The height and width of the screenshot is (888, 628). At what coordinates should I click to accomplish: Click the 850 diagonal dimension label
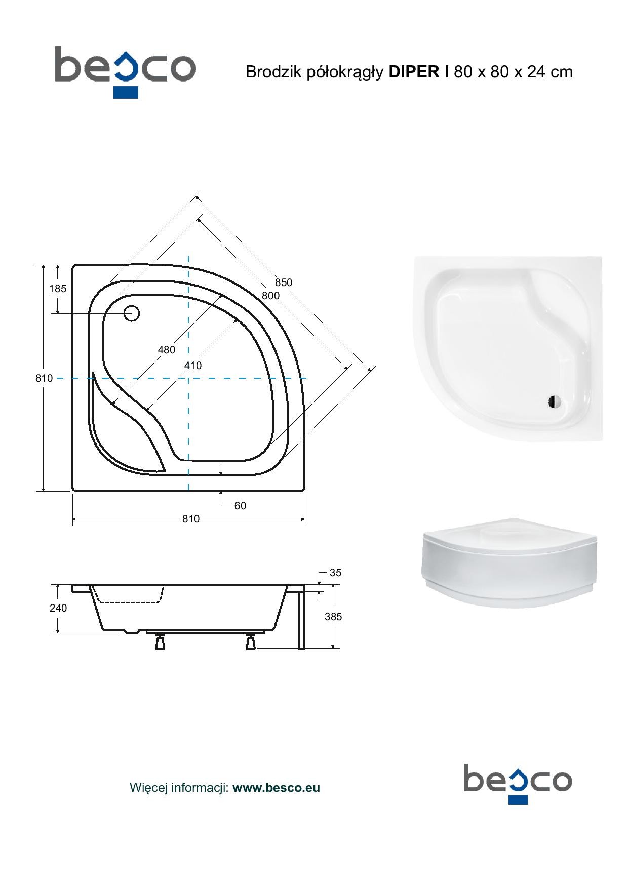pos(284,282)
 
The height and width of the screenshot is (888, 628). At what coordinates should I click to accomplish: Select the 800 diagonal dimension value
pos(271,296)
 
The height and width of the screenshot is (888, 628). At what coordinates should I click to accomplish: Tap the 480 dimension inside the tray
pos(167,350)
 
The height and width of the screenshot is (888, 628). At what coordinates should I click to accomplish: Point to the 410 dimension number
pos(193,366)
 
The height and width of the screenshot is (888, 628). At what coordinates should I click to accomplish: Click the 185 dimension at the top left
pos(58,289)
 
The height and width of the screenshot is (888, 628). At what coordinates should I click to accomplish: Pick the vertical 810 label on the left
pos(44,378)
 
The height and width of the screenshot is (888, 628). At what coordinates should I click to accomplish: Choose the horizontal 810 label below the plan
pos(191,519)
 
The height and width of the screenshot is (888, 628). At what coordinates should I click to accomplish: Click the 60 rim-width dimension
pos(240,506)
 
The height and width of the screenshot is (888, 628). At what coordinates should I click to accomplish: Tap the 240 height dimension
pos(58,608)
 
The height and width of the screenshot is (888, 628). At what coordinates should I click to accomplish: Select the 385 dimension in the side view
pos(333,617)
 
